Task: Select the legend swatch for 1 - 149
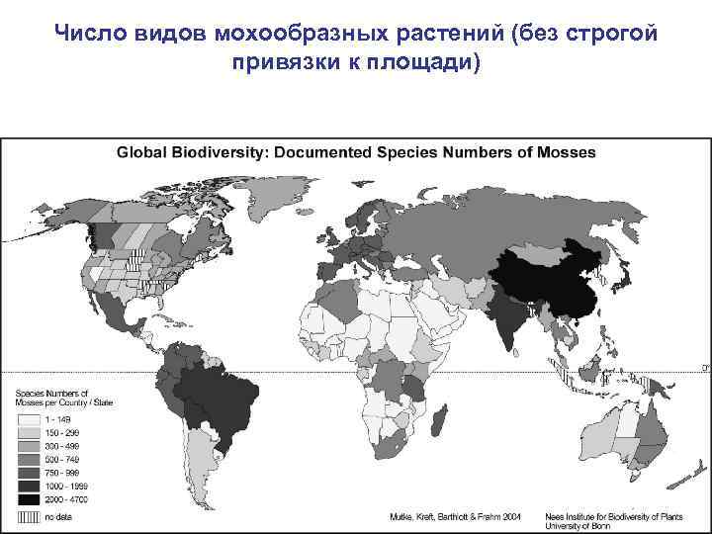click(29, 420)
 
